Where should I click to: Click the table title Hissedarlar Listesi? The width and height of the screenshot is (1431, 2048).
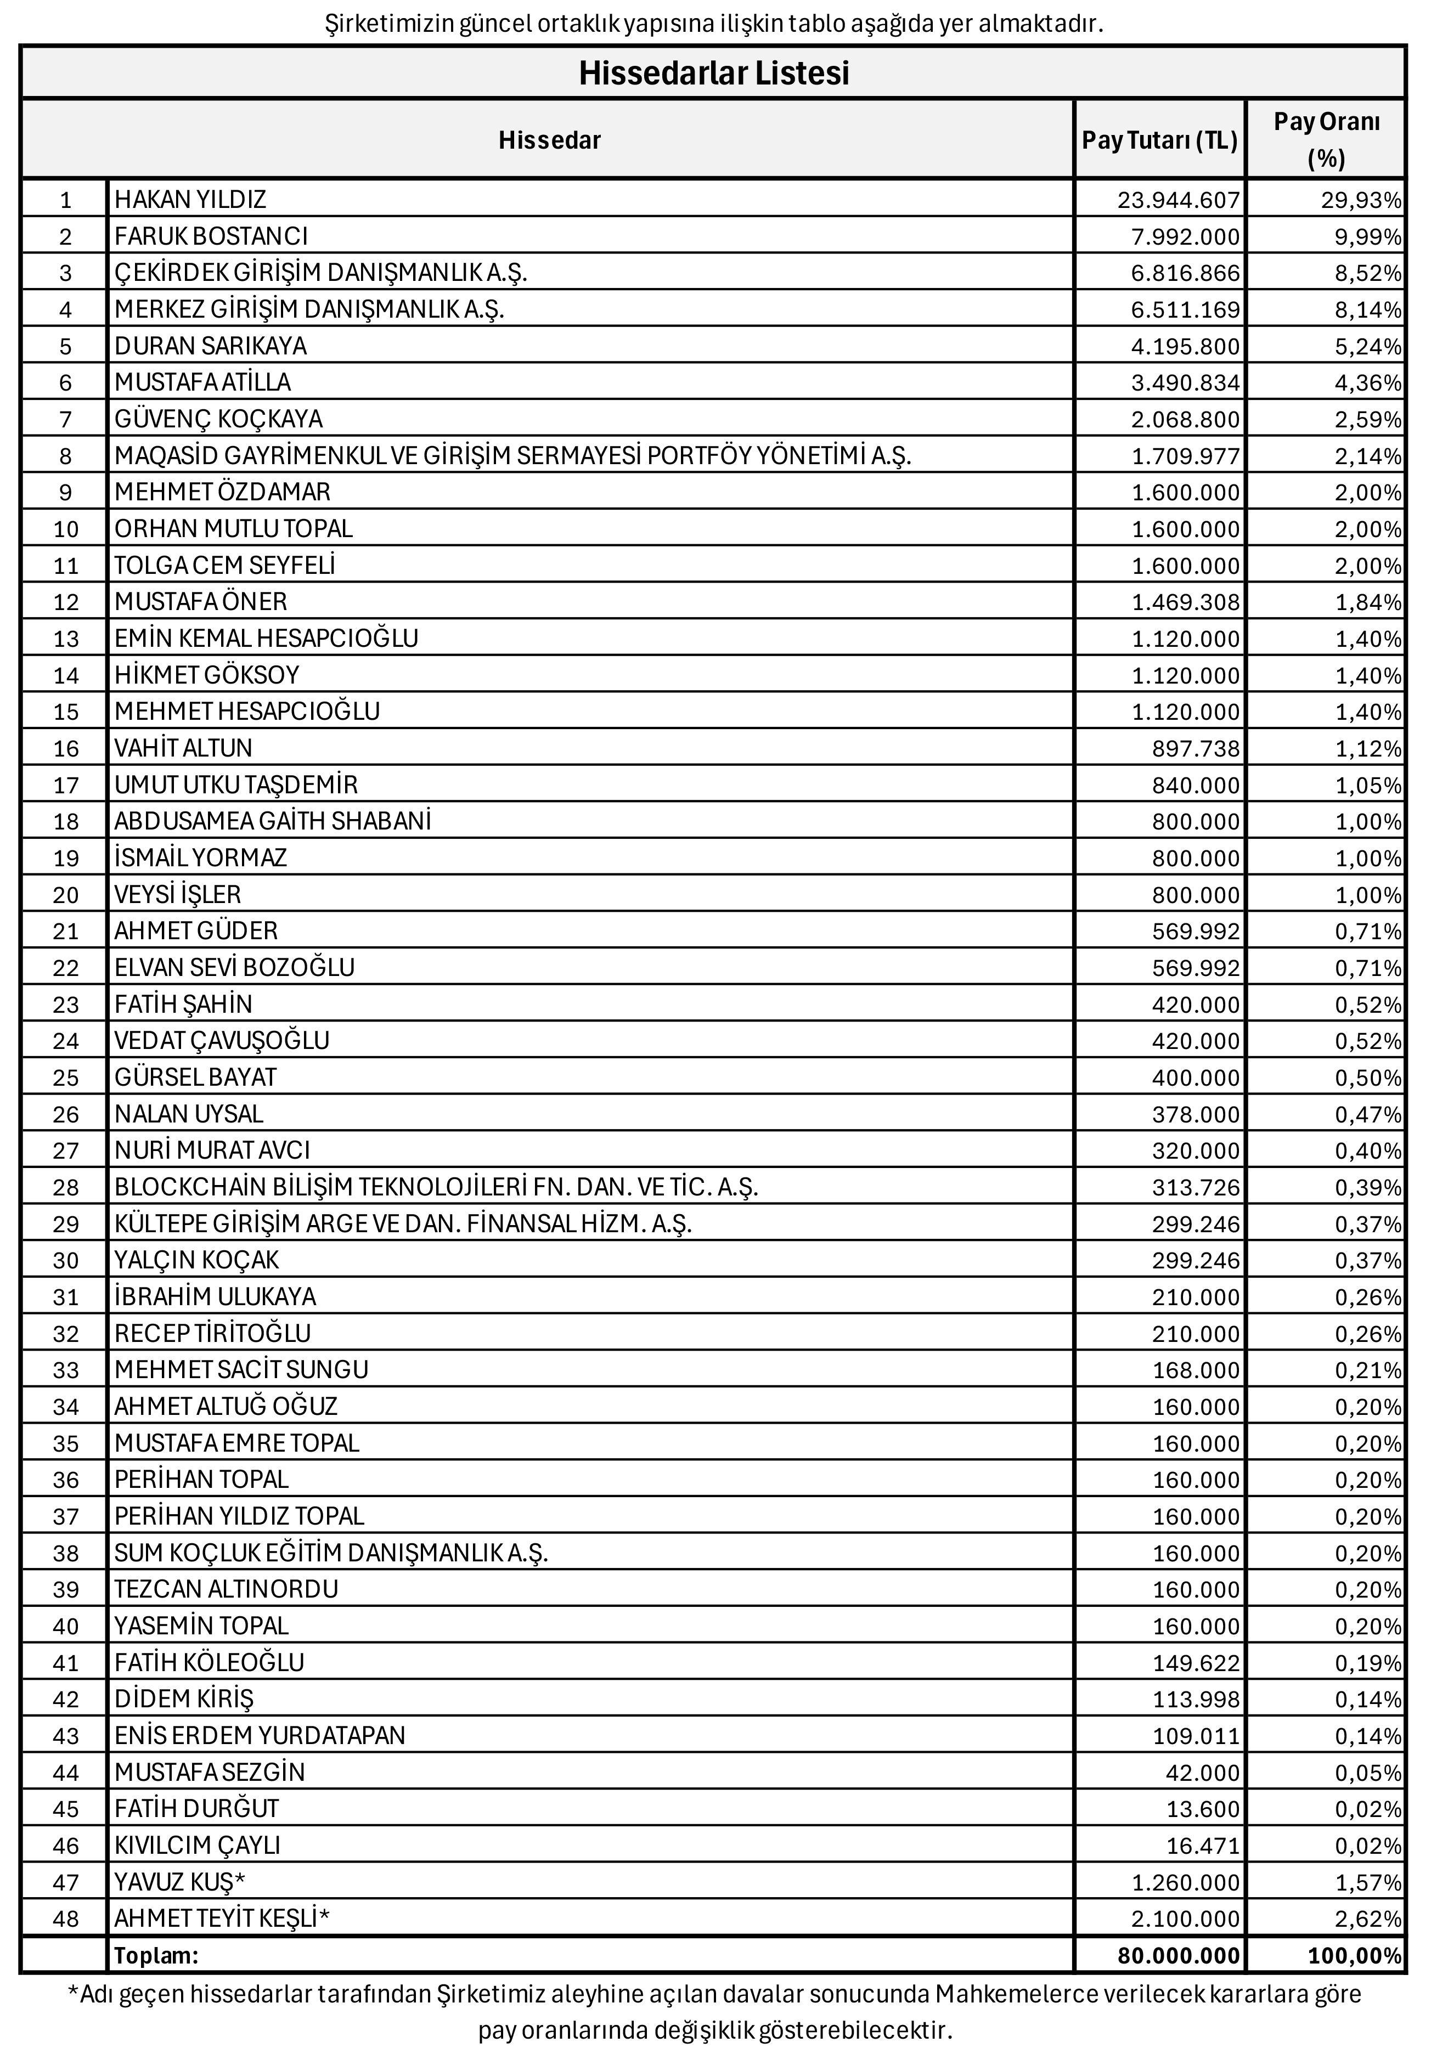[714, 73]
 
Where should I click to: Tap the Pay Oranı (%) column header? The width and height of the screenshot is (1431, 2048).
[1326, 139]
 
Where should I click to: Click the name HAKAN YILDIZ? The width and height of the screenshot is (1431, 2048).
[190, 200]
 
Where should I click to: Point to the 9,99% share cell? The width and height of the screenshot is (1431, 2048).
[1368, 236]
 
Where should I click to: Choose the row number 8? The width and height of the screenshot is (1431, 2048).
[65, 456]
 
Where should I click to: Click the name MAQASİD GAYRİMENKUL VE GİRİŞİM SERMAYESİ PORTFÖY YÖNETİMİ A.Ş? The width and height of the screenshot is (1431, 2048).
[512, 456]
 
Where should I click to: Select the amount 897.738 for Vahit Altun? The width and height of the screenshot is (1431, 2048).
[1196, 748]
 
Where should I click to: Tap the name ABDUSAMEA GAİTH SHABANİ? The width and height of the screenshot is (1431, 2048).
[272, 821]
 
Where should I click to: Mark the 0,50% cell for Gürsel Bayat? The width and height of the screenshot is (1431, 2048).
[1368, 1077]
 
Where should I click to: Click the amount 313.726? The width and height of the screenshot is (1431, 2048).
[1196, 1187]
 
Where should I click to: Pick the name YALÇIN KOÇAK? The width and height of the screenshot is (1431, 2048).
[196, 1260]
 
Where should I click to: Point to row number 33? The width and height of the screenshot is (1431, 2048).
[65, 1369]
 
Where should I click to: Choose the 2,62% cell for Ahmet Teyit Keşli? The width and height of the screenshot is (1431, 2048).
[1368, 1918]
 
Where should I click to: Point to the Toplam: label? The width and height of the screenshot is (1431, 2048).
[156, 1955]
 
